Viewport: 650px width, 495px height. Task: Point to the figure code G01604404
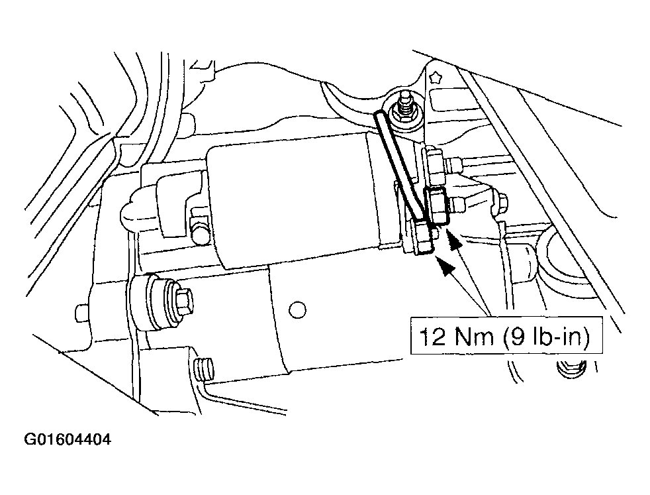point(68,439)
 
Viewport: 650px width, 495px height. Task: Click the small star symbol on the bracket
point(436,76)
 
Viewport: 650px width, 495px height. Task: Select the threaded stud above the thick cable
point(403,107)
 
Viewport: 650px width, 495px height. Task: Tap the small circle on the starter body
point(297,309)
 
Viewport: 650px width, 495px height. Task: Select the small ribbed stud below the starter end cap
point(204,369)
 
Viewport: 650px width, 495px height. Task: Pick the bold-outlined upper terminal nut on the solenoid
point(436,205)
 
